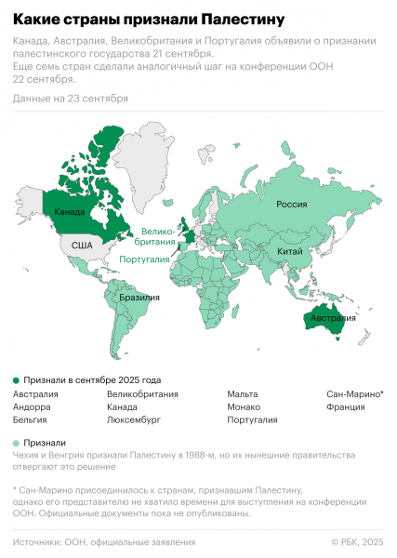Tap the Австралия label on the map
332,318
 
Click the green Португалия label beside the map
144,259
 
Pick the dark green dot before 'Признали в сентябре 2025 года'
16,380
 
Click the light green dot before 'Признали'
16,443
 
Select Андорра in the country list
32,407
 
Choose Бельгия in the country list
32,420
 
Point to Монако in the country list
246,407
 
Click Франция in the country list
347,407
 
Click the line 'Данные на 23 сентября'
71,98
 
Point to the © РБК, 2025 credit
357,541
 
